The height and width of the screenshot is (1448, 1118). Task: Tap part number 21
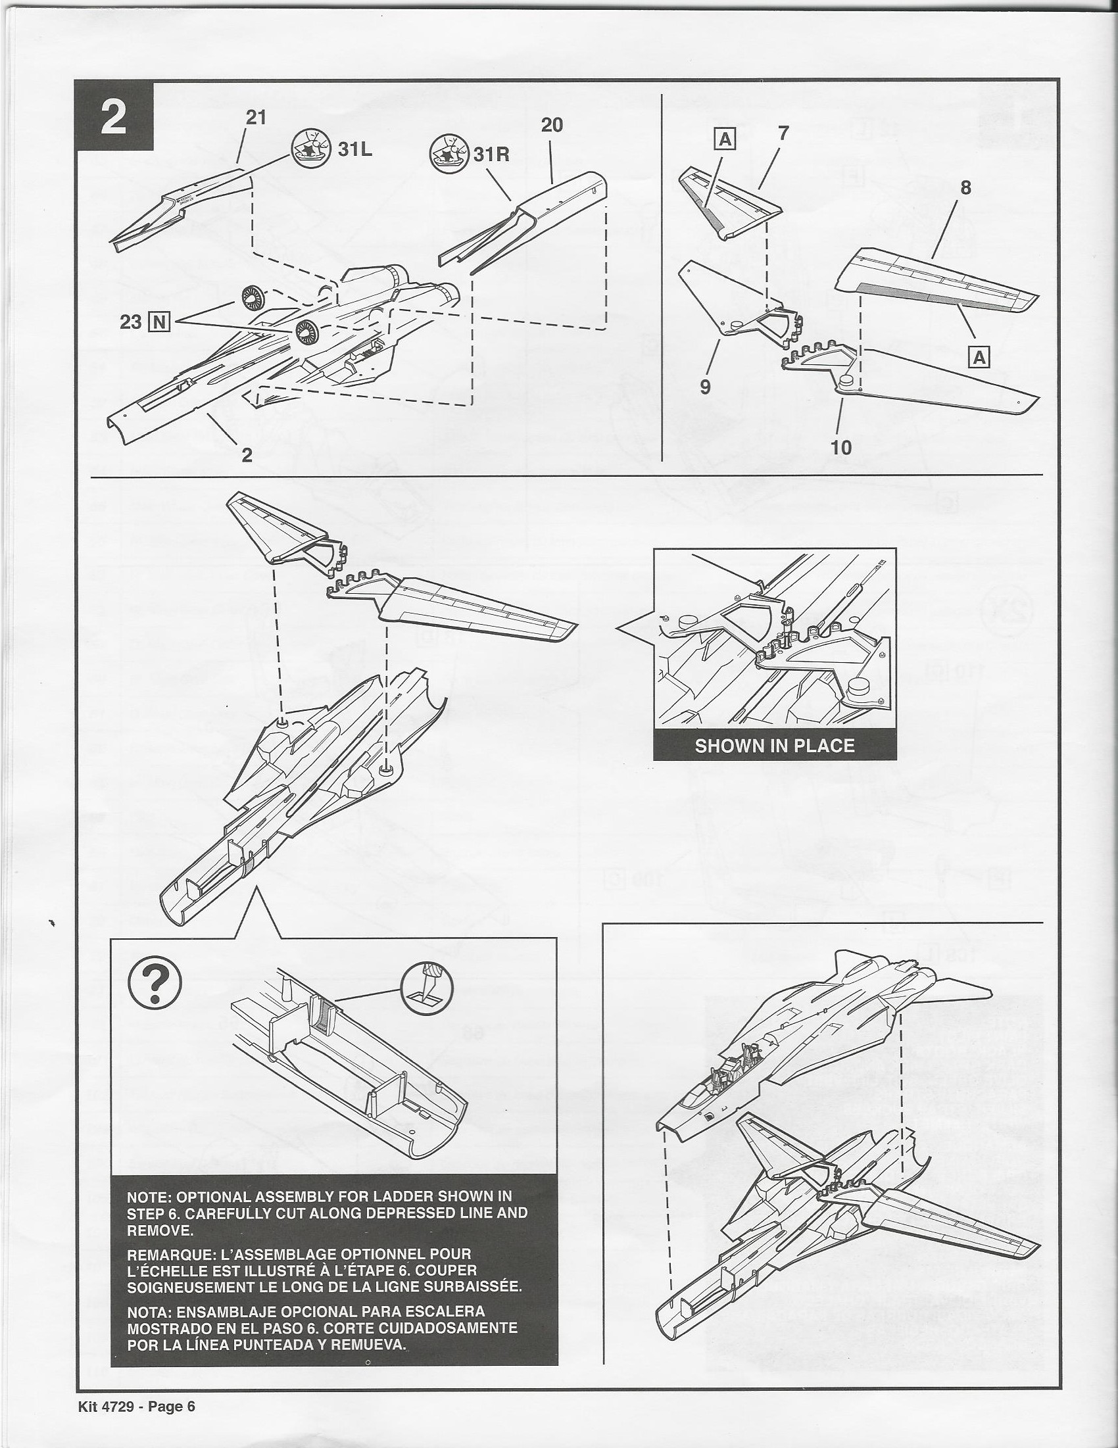point(256,117)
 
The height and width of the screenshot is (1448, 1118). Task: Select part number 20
point(552,126)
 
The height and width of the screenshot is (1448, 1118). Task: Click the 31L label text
point(355,149)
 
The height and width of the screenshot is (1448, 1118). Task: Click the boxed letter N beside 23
point(161,323)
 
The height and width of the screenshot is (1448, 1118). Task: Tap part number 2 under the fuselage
point(247,456)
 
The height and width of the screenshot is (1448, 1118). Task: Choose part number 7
point(783,133)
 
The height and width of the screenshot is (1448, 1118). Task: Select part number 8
point(965,188)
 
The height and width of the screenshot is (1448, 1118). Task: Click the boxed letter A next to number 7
point(726,140)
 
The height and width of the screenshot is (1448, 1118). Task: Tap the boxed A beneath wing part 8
point(980,357)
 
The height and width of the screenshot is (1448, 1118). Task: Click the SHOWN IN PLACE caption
point(775,746)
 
